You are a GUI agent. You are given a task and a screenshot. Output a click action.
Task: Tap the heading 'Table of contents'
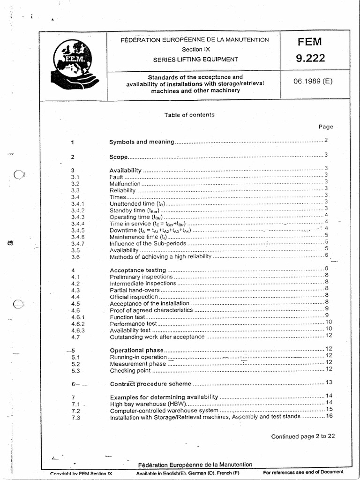click(x=189, y=114)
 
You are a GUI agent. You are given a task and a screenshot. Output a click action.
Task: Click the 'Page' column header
click(x=326, y=127)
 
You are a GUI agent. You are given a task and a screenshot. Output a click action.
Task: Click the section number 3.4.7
click(x=78, y=244)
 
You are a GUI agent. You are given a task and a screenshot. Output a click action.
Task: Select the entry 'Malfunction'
click(x=125, y=184)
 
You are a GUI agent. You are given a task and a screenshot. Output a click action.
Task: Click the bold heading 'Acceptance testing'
click(x=138, y=270)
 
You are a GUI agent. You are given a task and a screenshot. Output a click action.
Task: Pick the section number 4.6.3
click(x=78, y=330)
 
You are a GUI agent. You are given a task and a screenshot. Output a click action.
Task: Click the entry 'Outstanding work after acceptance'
click(x=157, y=337)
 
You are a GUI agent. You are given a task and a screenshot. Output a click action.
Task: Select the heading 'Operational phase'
click(x=136, y=351)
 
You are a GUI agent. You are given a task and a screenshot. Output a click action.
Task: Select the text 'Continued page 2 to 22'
click(x=303, y=436)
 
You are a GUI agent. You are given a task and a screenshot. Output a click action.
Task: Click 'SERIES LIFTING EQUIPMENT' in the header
click(x=195, y=60)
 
